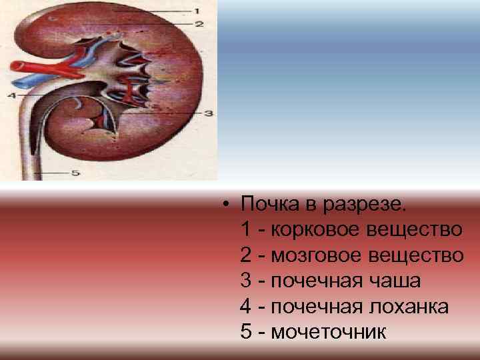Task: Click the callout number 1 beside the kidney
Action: point(197,11)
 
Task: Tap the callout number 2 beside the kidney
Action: point(199,24)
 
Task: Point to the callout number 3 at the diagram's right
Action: point(208,114)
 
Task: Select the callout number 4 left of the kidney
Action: point(9,95)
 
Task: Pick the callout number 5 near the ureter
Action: point(75,173)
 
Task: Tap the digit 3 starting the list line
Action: point(245,281)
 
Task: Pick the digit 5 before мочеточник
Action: point(245,331)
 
